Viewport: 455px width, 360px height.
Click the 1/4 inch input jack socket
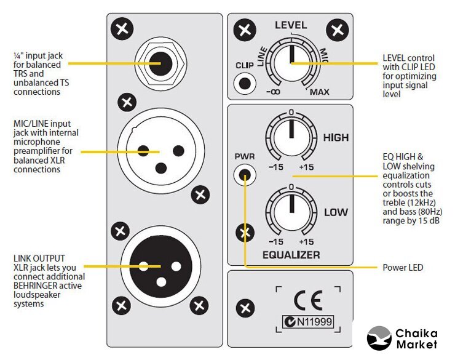tap(162, 63)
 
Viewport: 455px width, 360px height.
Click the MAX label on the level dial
tap(319, 92)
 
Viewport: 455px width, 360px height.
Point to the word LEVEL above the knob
tap(291, 26)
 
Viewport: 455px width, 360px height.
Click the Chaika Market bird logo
tap(379, 338)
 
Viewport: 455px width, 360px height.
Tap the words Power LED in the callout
tap(403, 268)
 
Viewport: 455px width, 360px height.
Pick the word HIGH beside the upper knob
tap(336, 137)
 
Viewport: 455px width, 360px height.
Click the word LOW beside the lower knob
tap(336, 213)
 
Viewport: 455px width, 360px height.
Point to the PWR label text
tap(245, 156)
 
